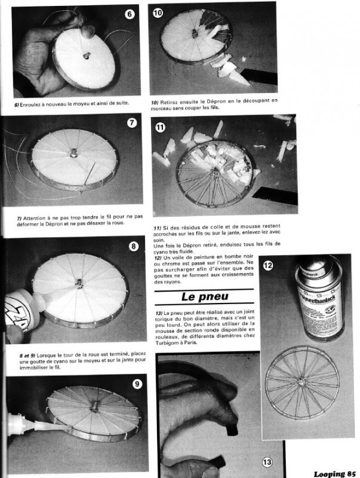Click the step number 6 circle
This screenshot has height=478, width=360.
(130, 14)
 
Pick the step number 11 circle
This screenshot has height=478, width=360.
(161, 127)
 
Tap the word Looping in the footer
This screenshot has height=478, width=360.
(328, 473)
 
